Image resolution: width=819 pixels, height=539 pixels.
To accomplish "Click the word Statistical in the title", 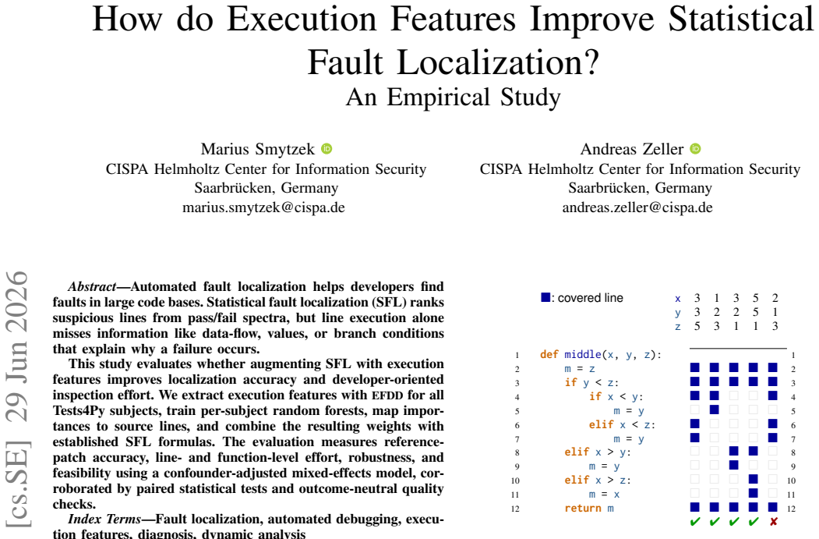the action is click(x=740, y=20).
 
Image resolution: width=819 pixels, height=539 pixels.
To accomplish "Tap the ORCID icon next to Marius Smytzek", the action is click(x=327, y=149).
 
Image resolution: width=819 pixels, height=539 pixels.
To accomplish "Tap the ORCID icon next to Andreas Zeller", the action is click(x=695, y=149).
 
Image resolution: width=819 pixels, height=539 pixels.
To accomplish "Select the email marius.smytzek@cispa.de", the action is click(x=263, y=207).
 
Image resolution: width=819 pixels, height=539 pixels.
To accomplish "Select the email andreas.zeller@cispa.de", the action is click(x=637, y=207).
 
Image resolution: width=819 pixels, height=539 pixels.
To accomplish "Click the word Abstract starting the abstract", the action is click(x=92, y=286).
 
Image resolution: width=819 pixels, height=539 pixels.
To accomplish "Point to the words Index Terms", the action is click(x=104, y=519).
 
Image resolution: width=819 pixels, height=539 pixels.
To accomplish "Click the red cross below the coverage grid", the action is click(x=774, y=521).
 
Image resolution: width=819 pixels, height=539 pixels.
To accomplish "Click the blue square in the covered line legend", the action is click(x=545, y=297).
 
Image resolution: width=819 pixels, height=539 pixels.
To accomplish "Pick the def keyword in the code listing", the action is click(x=549, y=354).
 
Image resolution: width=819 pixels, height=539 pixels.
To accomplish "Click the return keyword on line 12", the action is click(x=582, y=508).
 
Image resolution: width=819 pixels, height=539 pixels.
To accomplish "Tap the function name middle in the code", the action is click(x=583, y=354).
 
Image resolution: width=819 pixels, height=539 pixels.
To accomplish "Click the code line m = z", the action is click(x=579, y=369).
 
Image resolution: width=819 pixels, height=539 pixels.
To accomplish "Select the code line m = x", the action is click(x=604, y=494).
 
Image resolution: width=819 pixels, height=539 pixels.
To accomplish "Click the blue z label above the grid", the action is click(x=677, y=326).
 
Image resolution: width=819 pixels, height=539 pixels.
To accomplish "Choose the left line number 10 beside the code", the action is click(x=515, y=480).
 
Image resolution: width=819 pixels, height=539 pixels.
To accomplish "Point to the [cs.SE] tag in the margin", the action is click(x=17, y=484).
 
